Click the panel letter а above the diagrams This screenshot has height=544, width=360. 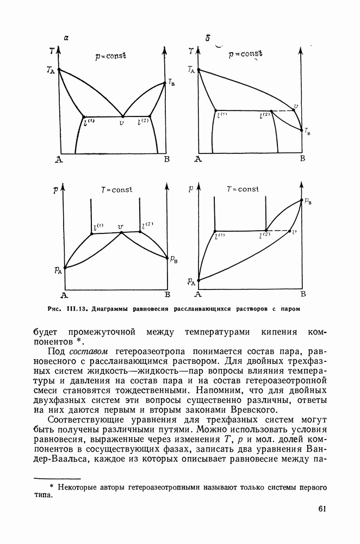66,37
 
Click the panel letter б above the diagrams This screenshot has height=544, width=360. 208,38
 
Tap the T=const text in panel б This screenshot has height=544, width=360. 243,189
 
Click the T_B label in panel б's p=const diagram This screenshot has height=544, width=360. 308,131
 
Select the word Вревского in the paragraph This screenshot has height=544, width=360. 256,410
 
